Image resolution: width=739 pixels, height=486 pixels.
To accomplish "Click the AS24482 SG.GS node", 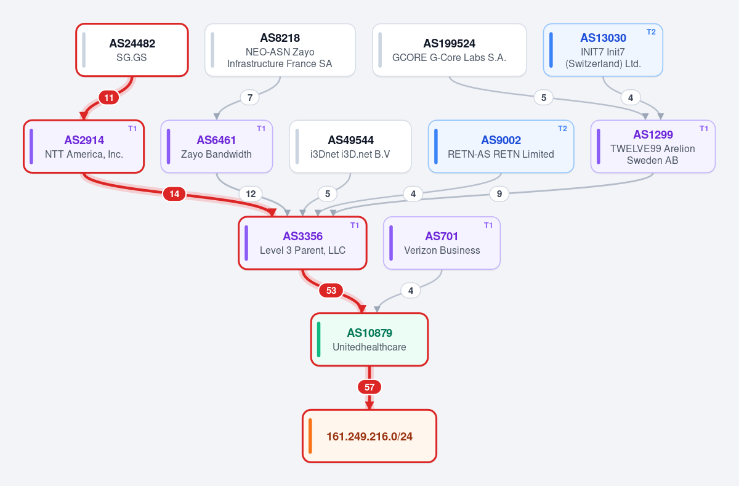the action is tap(132, 50).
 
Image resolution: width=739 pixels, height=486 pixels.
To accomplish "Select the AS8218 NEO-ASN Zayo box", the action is tap(280, 50).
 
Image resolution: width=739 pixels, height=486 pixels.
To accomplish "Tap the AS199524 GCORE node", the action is tap(449, 50).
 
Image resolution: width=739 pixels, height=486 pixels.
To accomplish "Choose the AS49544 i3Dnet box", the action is tap(350, 146).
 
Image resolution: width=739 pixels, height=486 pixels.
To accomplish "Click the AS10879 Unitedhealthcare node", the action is tap(369, 339).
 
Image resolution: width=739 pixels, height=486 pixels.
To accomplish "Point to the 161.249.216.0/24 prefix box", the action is tap(369, 436).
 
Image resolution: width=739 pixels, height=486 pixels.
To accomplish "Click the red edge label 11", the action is tap(109, 98).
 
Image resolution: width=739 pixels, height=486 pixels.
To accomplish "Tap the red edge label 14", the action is tap(174, 194).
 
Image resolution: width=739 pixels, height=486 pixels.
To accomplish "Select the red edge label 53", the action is tap(331, 290).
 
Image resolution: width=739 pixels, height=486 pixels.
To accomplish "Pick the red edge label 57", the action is tap(369, 387).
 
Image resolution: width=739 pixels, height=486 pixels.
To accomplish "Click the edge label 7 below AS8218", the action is tap(250, 98).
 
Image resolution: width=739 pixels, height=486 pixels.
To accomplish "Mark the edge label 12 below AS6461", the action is tap(251, 194).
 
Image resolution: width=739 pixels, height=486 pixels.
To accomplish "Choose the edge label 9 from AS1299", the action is tap(499, 194).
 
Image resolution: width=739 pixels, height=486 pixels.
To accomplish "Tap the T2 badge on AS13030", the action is tap(651, 32).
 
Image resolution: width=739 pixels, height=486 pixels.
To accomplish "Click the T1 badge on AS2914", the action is tap(132, 129).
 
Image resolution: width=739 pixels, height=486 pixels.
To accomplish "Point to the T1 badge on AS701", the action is tap(488, 225).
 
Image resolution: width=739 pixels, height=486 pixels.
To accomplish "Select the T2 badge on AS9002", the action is tap(562, 129).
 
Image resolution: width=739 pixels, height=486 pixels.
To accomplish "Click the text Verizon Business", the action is tap(442, 251).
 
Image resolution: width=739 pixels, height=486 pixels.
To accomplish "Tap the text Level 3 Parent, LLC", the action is tap(302, 251).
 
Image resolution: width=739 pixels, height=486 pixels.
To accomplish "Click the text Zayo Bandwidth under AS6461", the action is tap(216, 154).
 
